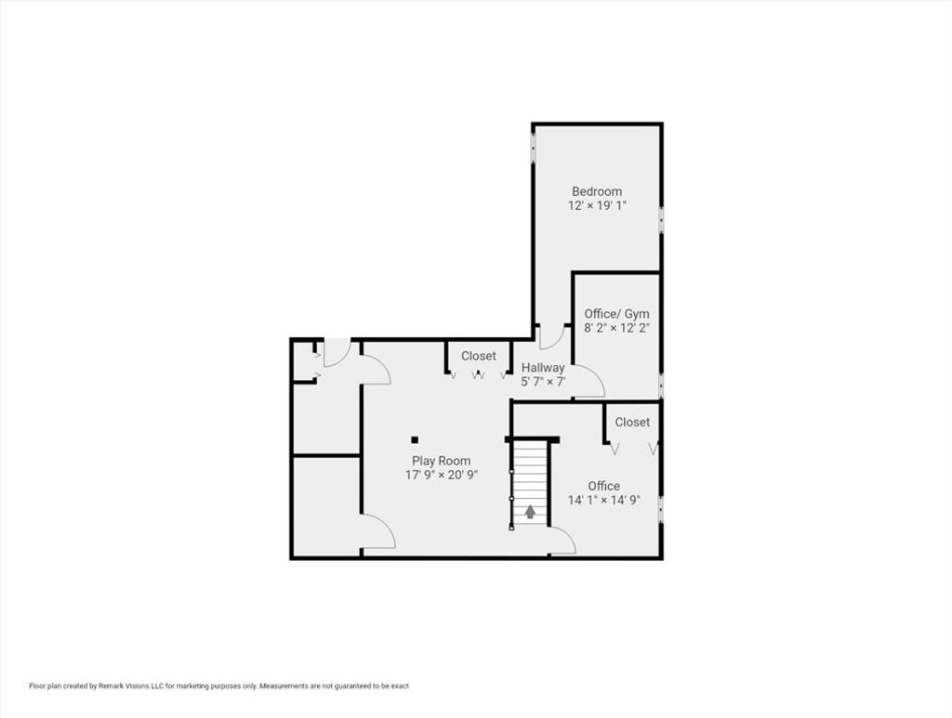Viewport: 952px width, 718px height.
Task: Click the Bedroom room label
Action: [x=596, y=191]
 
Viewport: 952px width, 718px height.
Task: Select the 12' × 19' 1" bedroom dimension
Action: [x=596, y=205]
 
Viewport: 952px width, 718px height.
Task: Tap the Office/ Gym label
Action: [x=616, y=314]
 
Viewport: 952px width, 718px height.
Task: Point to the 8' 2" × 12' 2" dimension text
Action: [x=617, y=328]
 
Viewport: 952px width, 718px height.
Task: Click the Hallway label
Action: [x=543, y=368]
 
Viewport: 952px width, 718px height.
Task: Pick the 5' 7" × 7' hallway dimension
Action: [x=543, y=382]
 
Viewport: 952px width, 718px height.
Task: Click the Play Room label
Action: [x=442, y=461]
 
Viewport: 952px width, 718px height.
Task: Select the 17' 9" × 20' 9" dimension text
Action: [x=442, y=475]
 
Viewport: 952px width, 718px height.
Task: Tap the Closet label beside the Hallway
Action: [x=479, y=356]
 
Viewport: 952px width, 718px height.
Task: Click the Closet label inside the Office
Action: [x=632, y=422]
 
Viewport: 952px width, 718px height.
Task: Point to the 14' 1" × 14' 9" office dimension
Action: [x=604, y=501]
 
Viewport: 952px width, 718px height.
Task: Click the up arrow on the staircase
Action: [x=530, y=512]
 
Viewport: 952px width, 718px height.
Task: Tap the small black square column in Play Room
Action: [x=415, y=439]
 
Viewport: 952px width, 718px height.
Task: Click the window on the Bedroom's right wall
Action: [x=661, y=219]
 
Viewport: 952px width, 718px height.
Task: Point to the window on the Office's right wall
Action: [x=661, y=509]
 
